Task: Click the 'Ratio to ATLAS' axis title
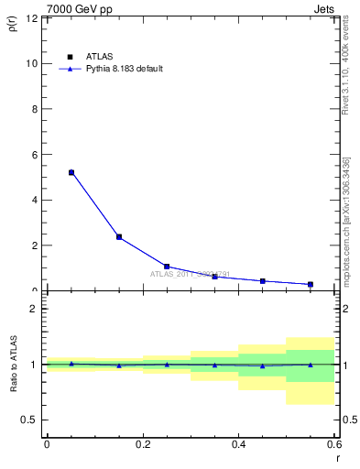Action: pyautogui.click(x=13, y=364)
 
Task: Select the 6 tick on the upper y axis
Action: pyautogui.click(x=34, y=155)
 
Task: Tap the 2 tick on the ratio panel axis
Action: pyautogui.click(x=34, y=309)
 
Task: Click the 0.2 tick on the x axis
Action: pyautogui.click(x=142, y=444)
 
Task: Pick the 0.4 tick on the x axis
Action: pyautogui.click(x=238, y=444)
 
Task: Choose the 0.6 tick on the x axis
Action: pyautogui.click(x=333, y=444)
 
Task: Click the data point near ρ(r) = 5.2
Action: pyautogui.click(x=71, y=172)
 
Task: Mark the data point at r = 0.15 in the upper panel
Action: pyautogui.click(x=119, y=237)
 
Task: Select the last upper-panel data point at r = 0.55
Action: pyautogui.click(x=311, y=284)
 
